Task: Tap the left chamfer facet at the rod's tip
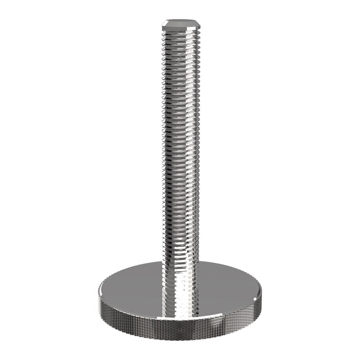(x=164, y=24)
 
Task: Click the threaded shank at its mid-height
(x=179, y=149)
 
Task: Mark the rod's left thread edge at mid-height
(x=163, y=149)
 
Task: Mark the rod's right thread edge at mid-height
(x=197, y=149)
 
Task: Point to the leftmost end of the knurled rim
(x=97, y=298)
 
